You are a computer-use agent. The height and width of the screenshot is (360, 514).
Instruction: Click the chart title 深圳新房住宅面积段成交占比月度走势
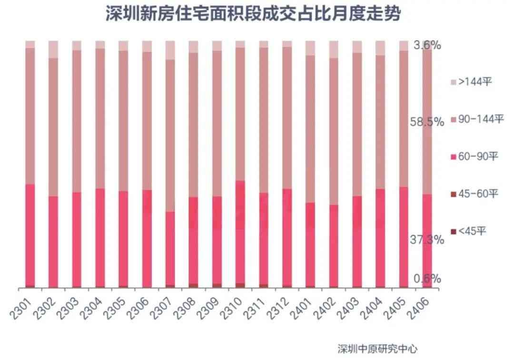pyautogui.click(x=253, y=14)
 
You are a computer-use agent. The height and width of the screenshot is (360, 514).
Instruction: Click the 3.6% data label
pyautogui.click(x=427, y=46)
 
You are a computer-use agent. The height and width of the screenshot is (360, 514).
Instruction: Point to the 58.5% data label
pyautogui.click(x=427, y=122)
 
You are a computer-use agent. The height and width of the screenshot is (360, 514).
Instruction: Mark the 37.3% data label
pyautogui.click(x=427, y=240)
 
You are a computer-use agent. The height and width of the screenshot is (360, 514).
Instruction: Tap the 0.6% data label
pyautogui.click(x=427, y=279)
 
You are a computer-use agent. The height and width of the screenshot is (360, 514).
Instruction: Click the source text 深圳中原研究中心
pyautogui.click(x=377, y=349)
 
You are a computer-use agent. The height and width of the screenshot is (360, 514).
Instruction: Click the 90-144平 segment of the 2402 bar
pyautogui.click(x=334, y=131)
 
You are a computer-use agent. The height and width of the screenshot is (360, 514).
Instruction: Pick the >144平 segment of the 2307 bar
pyautogui.click(x=170, y=50)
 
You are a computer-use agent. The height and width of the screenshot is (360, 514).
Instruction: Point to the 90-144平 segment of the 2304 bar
pyautogui.click(x=100, y=118)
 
